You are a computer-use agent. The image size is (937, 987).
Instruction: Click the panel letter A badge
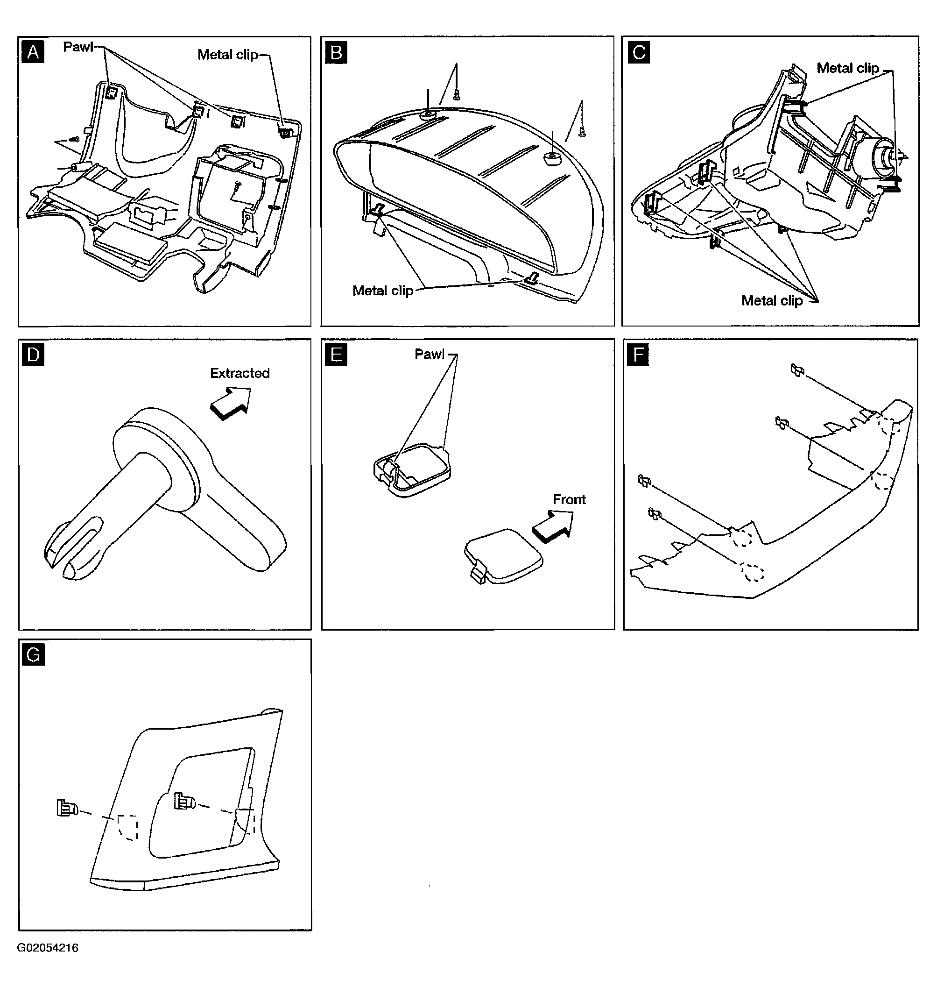(x=33, y=52)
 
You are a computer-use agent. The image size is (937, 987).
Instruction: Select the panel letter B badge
(x=336, y=52)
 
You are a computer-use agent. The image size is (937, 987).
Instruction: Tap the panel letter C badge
(x=639, y=52)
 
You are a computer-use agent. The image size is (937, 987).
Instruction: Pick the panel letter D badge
(x=33, y=355)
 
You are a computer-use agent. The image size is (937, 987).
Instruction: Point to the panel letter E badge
(x=336, y=355)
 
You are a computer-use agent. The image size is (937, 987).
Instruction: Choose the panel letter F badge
(x=638, y=355)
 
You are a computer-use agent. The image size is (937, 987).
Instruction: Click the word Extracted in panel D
(x=240, y=373)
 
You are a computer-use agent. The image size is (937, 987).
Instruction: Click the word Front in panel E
(x=569, y=499)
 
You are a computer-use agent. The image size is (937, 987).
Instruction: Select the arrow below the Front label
(x=552, y=526)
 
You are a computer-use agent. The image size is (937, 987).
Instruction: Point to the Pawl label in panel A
(x=78, y=47)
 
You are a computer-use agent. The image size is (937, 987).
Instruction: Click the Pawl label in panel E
(x=429, y=355)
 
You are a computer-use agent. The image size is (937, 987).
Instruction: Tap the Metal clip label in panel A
(x=228, y=55)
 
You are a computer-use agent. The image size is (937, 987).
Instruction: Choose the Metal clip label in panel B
(x=382, y=291)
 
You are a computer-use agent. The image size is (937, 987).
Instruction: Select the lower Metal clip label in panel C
(x=772, y=300)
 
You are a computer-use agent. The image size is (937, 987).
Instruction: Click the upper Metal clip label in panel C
(x=848, y=69)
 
